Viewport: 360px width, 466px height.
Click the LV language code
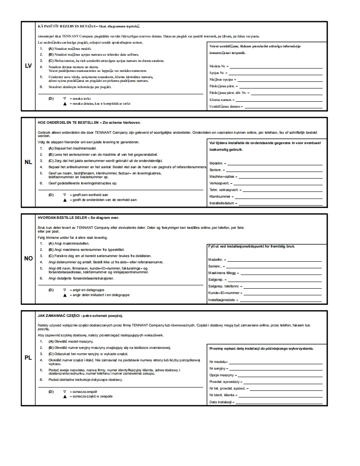(28, 66)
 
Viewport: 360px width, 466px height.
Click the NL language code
(28, 162)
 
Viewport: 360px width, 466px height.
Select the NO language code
(28, 258)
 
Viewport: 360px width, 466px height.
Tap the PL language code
(28, 358)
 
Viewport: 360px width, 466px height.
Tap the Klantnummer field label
(220, 196)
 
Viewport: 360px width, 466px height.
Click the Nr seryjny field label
(218, 368)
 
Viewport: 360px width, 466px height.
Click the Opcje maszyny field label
(221, 375)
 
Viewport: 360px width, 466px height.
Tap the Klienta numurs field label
(220, 100)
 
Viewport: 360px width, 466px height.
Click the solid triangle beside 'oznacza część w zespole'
(64, 396)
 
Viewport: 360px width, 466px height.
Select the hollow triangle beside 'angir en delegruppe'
(64, 290)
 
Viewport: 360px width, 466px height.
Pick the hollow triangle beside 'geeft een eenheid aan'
(64, 194)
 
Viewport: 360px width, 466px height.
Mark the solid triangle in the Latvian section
(64, 103)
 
